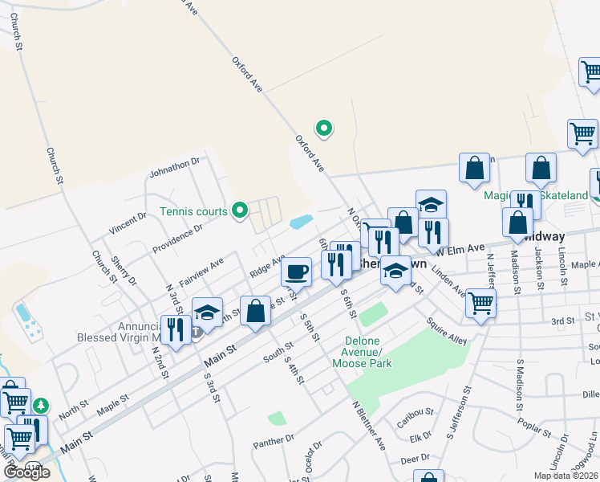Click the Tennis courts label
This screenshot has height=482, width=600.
(x=193, y=212)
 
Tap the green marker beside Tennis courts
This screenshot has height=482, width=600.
(x=239, y=211)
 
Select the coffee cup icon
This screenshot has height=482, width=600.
(x=297, y=271)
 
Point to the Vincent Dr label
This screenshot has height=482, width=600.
(x=128, y=223)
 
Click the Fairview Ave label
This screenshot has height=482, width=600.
(x=201, y=273)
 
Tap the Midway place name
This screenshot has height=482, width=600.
(x=543, y=237)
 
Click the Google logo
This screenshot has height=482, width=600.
(x=27, y=472)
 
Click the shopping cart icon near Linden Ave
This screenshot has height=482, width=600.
(x=480, y=304)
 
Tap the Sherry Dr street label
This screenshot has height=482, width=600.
(x=124, y=270)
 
